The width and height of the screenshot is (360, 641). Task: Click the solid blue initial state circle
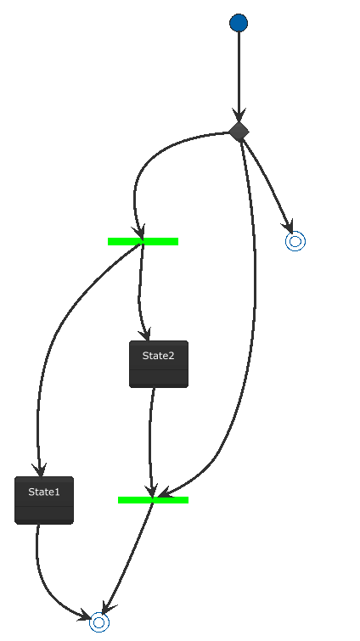click(239, 22)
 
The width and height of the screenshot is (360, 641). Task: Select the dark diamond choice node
click(239, 132)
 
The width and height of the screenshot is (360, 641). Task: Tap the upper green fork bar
click(143, 242)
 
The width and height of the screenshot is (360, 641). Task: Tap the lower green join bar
click(153, 500)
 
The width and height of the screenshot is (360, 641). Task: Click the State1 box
click(44, 500)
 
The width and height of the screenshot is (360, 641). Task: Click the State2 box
click(159, 364)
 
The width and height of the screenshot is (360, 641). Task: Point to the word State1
click(44, 492)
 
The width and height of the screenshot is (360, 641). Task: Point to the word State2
click(159, 356)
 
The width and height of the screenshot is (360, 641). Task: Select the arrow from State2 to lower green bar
click(150, 441)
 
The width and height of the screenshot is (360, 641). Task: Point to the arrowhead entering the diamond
click(239, 115)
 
